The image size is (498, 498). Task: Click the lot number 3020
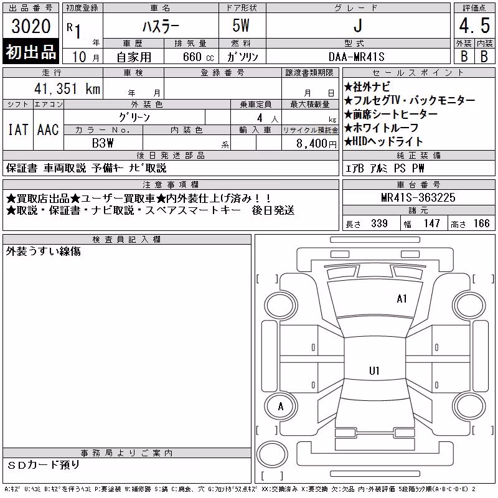[31, 26]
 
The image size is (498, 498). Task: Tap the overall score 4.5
[474, 26]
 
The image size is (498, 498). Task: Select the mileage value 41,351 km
[67, 88]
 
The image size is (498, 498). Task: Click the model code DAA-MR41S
[356, 57]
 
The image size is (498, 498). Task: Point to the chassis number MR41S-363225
[418, 197]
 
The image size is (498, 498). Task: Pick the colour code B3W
[103, 143]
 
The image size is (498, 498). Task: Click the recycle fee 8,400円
[316, 144]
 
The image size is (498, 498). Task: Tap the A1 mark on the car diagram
[402, 299]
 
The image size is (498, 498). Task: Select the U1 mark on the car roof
[374, 370]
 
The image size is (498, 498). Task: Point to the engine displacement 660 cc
[198, 57]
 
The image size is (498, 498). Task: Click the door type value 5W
[241, 26]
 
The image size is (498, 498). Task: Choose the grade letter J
[358, 26]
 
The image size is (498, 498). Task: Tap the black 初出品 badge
[31, 52]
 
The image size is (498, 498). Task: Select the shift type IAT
[18, 129]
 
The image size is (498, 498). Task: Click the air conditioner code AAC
[48, 129]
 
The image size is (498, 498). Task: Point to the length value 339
[379, 223]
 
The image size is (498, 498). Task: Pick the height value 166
[481, 223]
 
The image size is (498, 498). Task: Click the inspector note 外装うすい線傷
[43, 251]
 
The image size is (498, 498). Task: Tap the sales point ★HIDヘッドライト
[383, 141]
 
